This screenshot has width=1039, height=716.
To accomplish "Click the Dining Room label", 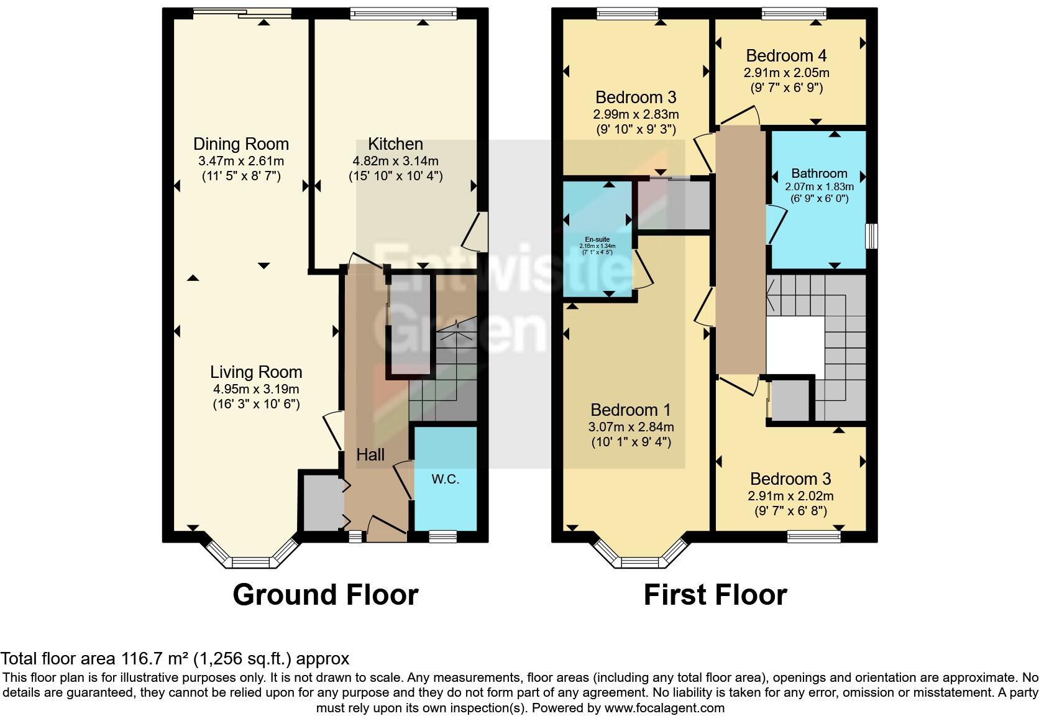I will point(240,144).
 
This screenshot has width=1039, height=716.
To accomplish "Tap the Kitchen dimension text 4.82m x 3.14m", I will point(395,161).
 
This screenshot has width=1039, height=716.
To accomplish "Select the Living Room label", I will point(255,372).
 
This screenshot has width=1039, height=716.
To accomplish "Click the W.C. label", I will point(445,479).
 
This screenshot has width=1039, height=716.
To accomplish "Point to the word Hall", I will point(370,455).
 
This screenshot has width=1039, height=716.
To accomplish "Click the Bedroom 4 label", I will point(786,56).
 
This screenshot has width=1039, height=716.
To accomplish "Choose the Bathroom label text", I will point(819,173).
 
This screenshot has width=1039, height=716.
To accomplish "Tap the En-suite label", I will point(597,239).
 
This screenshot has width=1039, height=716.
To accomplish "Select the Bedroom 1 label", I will point(631,410).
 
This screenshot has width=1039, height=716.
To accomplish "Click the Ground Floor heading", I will point(325,595).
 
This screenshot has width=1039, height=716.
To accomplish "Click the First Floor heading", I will point(715,595).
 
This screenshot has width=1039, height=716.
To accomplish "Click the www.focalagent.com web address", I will point(664,707).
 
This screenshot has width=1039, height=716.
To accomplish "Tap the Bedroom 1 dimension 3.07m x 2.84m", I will point(631,427).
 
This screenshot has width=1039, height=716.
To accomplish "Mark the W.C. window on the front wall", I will point(442,536).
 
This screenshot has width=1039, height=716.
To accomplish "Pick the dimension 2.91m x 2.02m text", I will point(790,496).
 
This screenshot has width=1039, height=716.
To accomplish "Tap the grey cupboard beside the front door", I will point(321,503).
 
